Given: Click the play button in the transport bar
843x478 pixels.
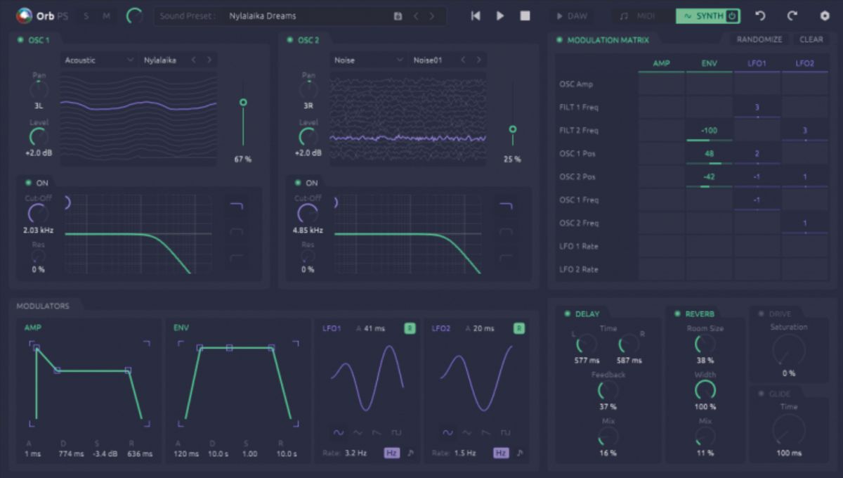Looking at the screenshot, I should [x=500, y=16].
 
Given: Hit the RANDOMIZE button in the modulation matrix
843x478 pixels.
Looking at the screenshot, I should [x=759, y=39].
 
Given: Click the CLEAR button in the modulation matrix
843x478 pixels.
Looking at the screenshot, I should [x=811, y=39].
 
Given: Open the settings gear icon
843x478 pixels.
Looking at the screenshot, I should [x=825, y=16].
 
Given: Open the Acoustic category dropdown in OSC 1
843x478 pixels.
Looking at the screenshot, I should [x=98, y=60].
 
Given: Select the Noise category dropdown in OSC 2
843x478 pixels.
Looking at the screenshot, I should [x=368, y=60].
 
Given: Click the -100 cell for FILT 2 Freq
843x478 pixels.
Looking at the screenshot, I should [x=709, y=131].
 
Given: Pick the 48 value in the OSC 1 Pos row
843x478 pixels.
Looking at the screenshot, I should [x=709, y=154].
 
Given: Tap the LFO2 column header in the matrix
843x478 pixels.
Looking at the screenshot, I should [x=805, y=63].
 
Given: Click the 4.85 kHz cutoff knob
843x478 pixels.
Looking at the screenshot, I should [x=308, y=214].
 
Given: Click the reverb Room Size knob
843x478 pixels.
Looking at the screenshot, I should [x=705, y=344].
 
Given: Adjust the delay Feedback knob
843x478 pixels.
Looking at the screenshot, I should [x=608, y=391].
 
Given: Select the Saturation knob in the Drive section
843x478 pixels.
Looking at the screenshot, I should [x=788, y=349].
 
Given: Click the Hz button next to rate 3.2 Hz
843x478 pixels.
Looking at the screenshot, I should [x=391, y=453].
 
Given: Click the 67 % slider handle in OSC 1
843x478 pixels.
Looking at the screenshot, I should [x=243, y=103].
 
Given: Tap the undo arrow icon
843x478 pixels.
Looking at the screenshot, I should [x=760, y=16].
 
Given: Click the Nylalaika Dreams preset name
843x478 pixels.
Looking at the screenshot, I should [x=263, y=16].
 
